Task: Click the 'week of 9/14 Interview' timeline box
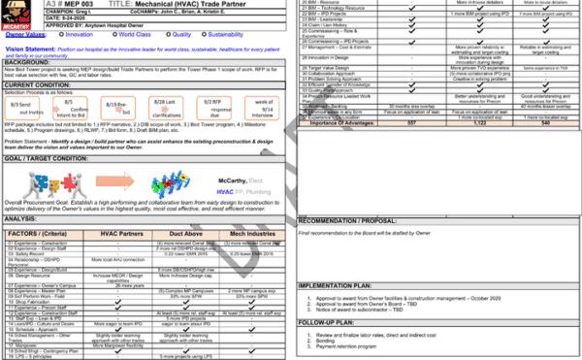click(x=266, y=108)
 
